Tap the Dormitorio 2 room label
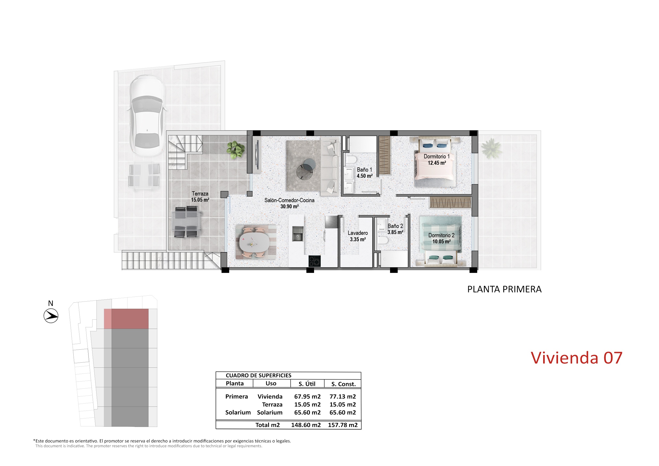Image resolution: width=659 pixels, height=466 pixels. [441, 238]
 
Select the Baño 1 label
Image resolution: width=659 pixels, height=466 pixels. [365, 173]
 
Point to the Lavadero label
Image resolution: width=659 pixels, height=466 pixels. [358, 236]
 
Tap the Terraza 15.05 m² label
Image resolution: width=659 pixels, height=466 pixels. [200, 197]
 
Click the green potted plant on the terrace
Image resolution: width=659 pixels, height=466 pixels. [236, 150]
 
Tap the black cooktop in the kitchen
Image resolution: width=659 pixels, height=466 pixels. [315, 261]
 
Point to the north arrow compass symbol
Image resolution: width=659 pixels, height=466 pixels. [51, 316]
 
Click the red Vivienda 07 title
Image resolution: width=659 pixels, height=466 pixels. [576, 358]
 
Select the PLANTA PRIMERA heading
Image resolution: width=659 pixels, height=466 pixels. [504, 289]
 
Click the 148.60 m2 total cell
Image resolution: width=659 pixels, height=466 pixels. [306, 425]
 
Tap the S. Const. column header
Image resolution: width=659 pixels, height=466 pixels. [343, 384]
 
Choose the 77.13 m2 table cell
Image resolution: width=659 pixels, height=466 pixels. [343, 397]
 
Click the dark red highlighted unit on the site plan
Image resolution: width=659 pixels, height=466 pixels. [130, 319]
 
